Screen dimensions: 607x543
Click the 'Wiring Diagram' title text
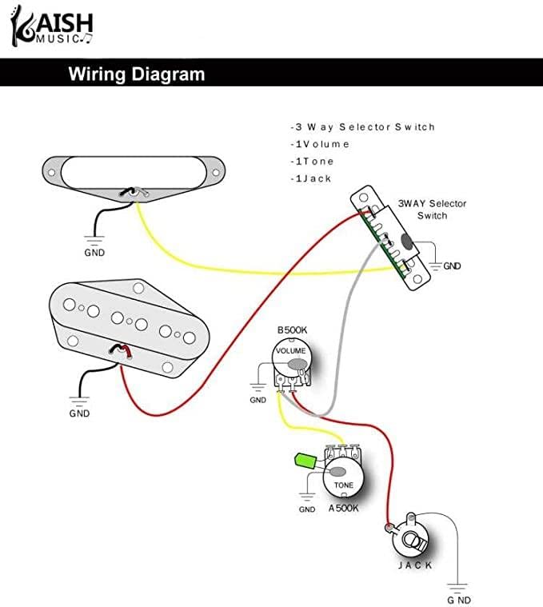[136, 75]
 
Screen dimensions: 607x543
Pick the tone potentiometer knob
[342, 476]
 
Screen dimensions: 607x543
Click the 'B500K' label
[292, 330]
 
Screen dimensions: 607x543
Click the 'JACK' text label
[415, 565]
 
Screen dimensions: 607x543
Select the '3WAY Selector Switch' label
[432, 210]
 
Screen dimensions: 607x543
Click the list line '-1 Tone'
[313, 162]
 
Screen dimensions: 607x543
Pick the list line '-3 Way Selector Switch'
[362, 127]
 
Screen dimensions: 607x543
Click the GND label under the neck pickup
[94, 252]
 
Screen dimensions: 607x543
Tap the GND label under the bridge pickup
[79, 413]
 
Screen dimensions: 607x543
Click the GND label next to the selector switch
[453, 266]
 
